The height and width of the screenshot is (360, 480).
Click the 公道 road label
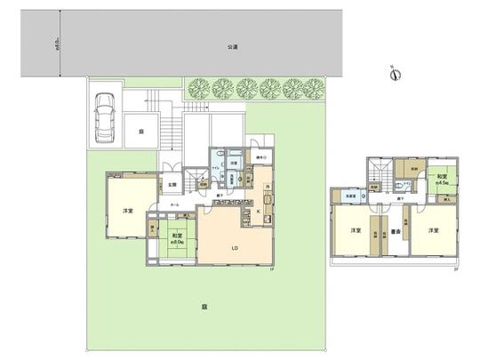tap(231, 45)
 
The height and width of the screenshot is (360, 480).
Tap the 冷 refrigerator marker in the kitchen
tap(268, 184)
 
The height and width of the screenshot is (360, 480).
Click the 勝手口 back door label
tap(260, 159)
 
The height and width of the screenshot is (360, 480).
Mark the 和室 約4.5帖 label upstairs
tap(442, 180)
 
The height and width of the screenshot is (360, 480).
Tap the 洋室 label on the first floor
tap(128, 212)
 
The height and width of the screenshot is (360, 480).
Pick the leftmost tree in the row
tap(198, 88)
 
